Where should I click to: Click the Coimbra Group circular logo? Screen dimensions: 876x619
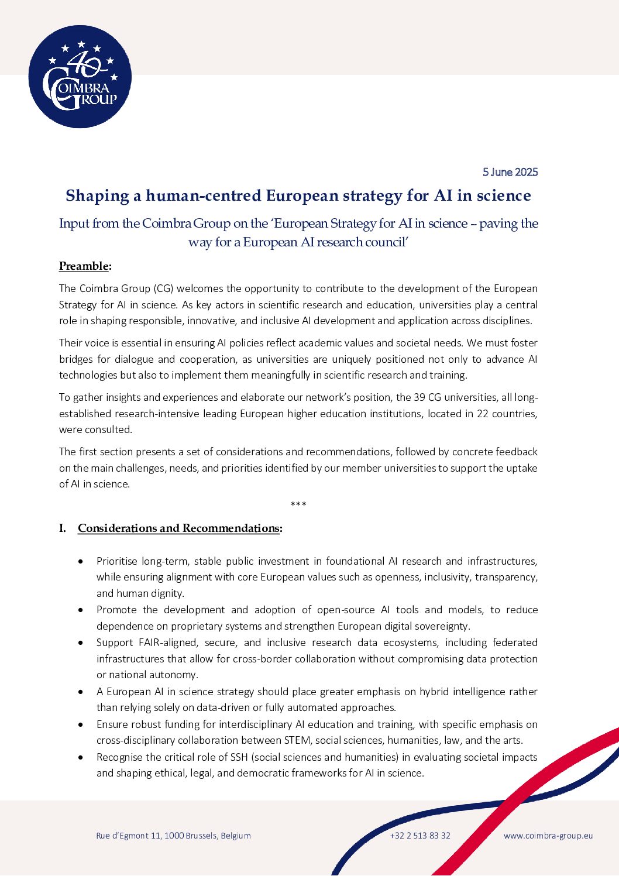coord(80,77)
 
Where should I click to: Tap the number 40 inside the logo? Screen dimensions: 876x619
coord(84,65)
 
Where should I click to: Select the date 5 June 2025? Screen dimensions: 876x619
coord(510,172)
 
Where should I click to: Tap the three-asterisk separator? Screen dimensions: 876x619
coord(298,504)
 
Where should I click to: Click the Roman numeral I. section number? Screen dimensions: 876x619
coord(63,528)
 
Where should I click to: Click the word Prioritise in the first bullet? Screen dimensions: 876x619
coord(117,561)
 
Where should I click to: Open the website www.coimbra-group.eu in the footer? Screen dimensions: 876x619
coord(548,836)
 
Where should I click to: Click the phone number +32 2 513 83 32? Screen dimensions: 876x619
coord(420,836)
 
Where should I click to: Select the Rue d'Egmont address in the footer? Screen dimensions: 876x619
coord(173,836)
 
